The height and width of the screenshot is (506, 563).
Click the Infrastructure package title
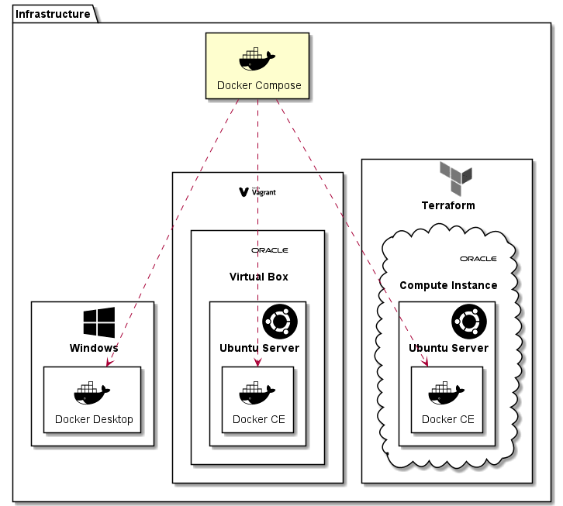[x=53, y=14]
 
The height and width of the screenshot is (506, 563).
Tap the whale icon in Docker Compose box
[x=257, y=60]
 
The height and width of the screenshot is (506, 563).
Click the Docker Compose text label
[x=258, y=85]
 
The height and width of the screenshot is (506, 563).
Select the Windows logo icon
[x=98, y=322]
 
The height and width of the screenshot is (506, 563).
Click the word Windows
[x=93, y=348]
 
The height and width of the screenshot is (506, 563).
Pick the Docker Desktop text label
[x=94, y=420]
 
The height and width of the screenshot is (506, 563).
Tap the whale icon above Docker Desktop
[x=92, y=394]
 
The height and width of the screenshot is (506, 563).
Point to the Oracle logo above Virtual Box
[x=269, y=250]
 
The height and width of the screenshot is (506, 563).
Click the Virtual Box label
[x=258, y=277]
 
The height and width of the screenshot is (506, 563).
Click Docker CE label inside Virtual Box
[x=258, y=420]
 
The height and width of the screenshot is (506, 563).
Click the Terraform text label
[x=448, y=205]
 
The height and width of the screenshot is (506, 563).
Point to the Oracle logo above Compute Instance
[x=478, y=259]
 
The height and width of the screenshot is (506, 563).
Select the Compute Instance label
[x=448, y=285]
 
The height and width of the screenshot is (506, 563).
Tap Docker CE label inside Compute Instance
[x=447, y=420]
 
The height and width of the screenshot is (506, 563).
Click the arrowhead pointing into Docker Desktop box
[x=111, y=362]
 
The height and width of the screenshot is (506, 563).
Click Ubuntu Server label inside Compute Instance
[x=448, y=348]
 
